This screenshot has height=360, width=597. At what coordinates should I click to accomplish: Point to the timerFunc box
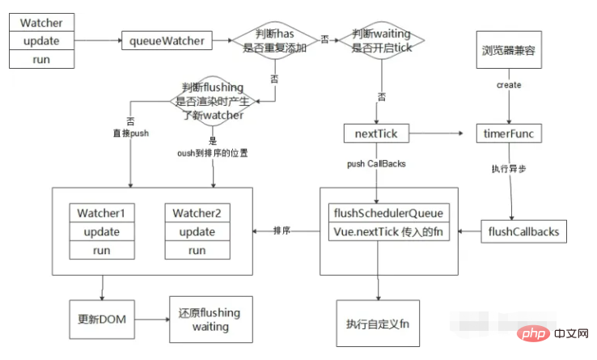(510, 132)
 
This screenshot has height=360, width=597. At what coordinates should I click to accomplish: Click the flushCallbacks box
(523, 232)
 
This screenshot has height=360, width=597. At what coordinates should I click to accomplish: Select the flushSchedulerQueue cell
(388, 214)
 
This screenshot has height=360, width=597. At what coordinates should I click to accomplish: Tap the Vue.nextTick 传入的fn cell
(388, 231)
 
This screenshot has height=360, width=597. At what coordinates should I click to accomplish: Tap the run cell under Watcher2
(197, 251)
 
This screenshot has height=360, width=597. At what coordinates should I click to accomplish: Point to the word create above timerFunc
(509, 85)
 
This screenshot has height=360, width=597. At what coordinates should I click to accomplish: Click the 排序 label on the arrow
(282, 231)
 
